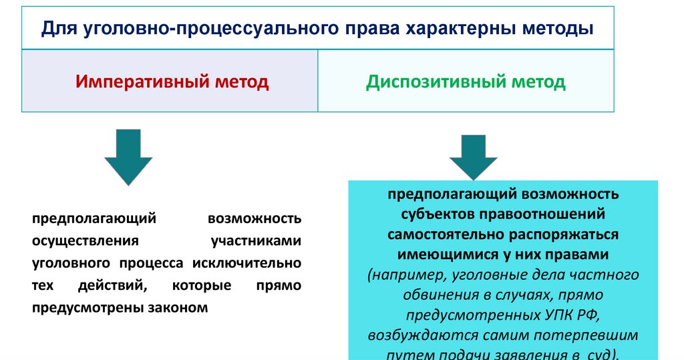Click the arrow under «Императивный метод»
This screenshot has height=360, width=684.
[x=128, y=157]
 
